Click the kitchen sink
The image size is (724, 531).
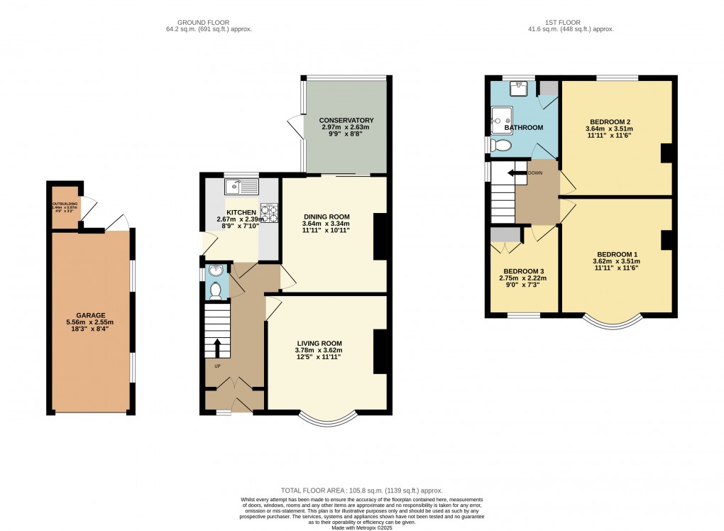[x=242, y=187]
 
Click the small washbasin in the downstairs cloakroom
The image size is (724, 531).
[x=216, y=270]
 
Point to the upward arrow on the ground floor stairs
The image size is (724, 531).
[x=217, y=349]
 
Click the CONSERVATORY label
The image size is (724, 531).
[x=346, y=120]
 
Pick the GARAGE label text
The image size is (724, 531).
[x=91, y=315]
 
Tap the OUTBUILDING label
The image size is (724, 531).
[x=65, y=204]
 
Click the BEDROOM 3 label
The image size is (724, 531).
[x=525, y=271]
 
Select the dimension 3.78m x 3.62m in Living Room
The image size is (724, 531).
[x=319, y=350]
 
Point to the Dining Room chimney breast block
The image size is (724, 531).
[x=380, y=236]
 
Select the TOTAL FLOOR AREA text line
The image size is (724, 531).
[x=362, y=490]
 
